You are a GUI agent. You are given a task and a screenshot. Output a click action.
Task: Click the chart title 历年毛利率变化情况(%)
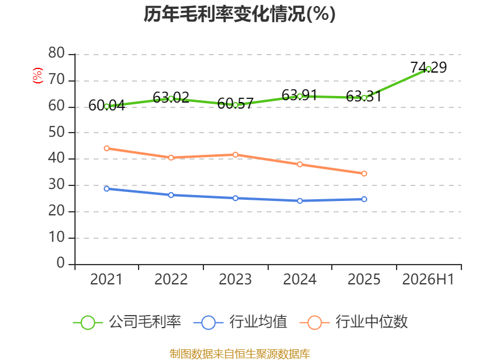pyautogui.click(x=239, y=14)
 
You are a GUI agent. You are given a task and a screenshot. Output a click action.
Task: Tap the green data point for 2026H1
pyautogui.click(x=428, y=69)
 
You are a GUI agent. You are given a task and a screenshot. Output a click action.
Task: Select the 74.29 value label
pyautogui.click(x=428, y=67)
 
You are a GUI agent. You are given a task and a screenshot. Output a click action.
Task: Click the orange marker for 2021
pyautogui.click(x=107, y=148)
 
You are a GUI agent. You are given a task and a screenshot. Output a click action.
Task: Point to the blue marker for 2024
pyautogui.click(x=299, y=201)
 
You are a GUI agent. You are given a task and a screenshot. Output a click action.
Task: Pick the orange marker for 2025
pyautogui.click(x=364, y=173)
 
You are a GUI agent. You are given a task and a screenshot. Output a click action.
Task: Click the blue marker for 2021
pyautogui.click(x=107, y=189)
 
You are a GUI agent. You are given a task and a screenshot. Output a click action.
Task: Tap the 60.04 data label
pyautogui.click(x=107, y=106)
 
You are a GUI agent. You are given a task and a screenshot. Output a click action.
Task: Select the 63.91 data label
pyautogui.click(x=299, y=95)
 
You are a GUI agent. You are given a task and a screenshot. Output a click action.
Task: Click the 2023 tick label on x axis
pyautogui.click(x=235, y=279)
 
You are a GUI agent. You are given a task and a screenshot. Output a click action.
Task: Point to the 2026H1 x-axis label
pyautogui.click(x=428, y=279)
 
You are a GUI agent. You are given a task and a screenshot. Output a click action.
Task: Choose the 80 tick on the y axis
pyautogui.click(x=56, y=53)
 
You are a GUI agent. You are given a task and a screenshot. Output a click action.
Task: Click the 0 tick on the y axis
pyautogui.click(x=61, y=263)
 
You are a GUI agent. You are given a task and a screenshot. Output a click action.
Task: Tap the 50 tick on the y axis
pyautogui.click(x=56, y=132)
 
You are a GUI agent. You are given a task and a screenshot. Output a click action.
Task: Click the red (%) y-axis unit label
pyautogui.click(x=38, y=76)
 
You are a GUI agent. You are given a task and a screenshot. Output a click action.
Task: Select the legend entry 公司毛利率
pyautogui.click(x=127, y=322)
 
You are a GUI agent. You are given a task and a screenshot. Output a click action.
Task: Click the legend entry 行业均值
pyautogui.click(x=241, y=322)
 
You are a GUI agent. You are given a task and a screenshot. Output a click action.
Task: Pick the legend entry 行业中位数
pyautogui.click(x=353, y=322)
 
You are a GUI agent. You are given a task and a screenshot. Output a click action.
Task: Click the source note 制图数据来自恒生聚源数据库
pyautogui.click(x=240, y=353)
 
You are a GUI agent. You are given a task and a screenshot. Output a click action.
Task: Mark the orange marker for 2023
pyautogui.click(x=235, y=155)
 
